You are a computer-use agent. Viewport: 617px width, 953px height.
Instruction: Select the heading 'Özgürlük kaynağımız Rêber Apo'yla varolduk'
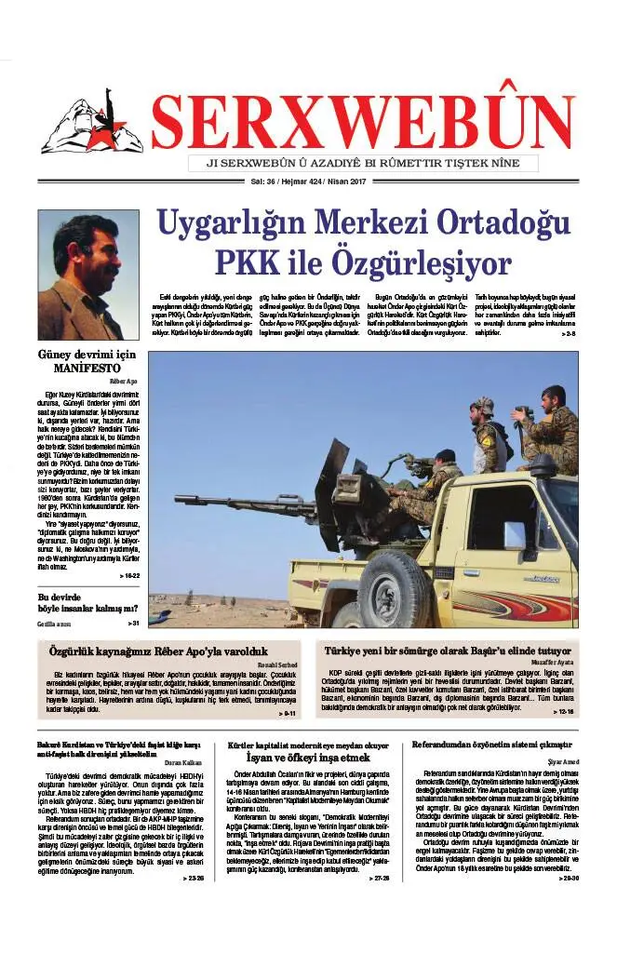click(157, 652)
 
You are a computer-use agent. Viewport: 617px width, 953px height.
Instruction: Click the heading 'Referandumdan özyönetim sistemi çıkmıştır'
click(490, 745)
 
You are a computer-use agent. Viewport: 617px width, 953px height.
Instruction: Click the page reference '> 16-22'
click(127, 576)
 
